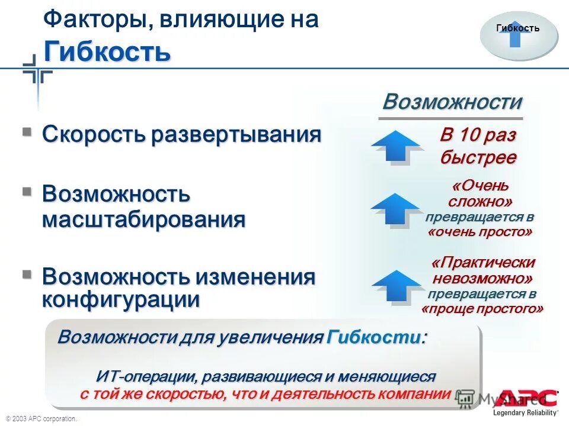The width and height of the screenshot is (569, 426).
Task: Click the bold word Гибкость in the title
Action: point(107,51)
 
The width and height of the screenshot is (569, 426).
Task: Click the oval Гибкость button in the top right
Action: point(518,36)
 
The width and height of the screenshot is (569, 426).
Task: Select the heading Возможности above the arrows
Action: point(452,102)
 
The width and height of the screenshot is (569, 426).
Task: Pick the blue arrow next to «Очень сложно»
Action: point(397,208)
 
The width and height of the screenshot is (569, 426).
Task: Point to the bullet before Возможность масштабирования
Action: point(27,192)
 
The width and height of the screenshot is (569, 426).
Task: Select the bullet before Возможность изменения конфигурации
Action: point(27,274)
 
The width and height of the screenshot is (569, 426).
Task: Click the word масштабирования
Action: point(143,220)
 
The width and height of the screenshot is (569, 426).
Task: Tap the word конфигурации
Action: point(120,299)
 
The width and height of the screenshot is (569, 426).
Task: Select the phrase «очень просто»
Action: point(480,232)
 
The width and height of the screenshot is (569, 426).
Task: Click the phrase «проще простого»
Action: point(482,309)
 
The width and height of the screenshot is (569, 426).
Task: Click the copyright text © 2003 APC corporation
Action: point(41,419)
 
